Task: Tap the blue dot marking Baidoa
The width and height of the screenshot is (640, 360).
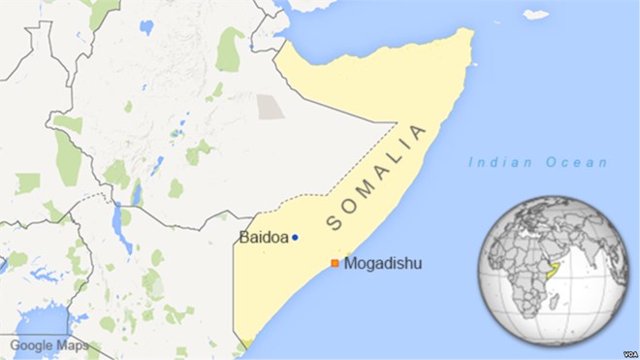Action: coord(295,238)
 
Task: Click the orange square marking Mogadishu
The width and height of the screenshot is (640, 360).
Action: coord(335,263)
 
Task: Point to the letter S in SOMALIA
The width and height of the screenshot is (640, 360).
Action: coord(335,224)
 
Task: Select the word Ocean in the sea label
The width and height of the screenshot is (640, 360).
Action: coord(577,163)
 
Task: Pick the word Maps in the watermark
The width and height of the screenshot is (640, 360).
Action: coord(73,344)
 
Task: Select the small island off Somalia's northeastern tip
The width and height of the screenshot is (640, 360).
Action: coord(535,15)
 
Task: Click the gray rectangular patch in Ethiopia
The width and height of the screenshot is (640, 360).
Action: coord(271,107)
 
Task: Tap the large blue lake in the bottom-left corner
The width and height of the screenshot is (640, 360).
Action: coord(39,325)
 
